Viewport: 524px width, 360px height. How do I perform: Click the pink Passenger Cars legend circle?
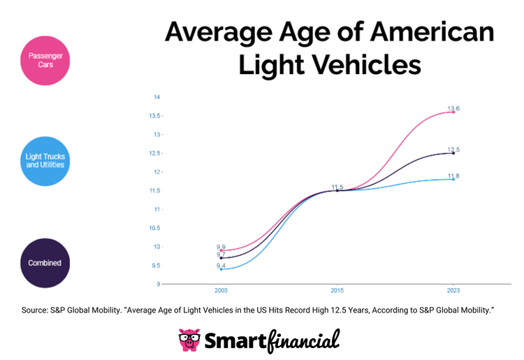pyautogui.click(x=46, y=60)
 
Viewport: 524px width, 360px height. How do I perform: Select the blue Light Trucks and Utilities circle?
pyautogui.click(x=46, y=161)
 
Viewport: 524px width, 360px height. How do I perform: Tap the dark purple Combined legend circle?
pyautogui.click(x=46, y=263)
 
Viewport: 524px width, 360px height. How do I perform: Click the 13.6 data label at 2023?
pyautogui.click(x=453, y=108)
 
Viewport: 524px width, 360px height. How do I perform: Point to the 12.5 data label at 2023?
pyautogui.click(x=453, y=150)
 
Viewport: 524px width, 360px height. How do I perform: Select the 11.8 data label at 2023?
pyautogui.click(x=453, y=176)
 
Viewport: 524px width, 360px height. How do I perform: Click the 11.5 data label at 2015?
pyautogui.click(x=337, y=187)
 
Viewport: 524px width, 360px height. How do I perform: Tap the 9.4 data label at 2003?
pyautogui.click(x=221, y=266)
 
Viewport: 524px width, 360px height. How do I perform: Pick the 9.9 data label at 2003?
pyautogui.click(x=221, y=247)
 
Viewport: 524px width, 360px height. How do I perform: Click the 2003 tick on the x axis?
pyautogui.click(x=221, y=290)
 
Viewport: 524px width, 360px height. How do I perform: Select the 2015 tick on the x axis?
pyautogui.click(x=337, y=290)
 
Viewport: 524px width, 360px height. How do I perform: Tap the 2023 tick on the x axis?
pyautogui.click(x=453, y=290)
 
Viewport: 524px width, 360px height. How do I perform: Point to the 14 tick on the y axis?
pyautogui.click(x=157, y=97)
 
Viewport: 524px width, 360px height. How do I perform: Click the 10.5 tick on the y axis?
pyautogui.click(x=155, y=228)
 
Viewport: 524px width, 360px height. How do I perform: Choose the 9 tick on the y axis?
pyautogui.click(x=159, y=284)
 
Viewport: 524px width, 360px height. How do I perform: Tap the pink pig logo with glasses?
pyautogui.click(x=189, y=340)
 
